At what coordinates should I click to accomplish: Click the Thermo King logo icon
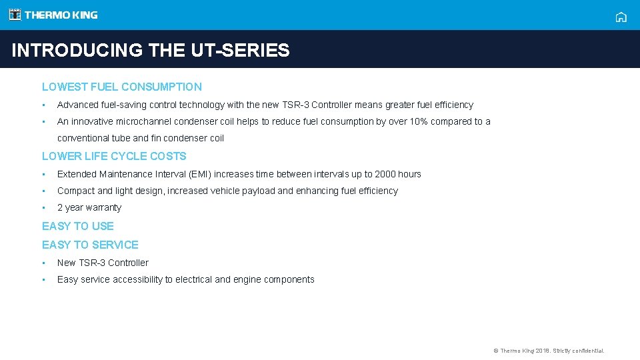coord(15,15)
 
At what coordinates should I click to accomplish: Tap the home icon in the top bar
coord(621,17)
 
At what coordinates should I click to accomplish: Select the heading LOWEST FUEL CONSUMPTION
coord(121,87)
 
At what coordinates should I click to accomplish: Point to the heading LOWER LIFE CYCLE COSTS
coord(114,156)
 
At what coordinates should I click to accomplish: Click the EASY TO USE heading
coord(78,226)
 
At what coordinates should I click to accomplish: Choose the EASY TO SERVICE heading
coord(90,245)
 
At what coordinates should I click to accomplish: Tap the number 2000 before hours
coord(385,174)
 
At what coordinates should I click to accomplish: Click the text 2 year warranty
coord(89,207)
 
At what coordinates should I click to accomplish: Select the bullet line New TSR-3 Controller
coord(103,263)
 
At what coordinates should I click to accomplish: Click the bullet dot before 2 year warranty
coord(43,207)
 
